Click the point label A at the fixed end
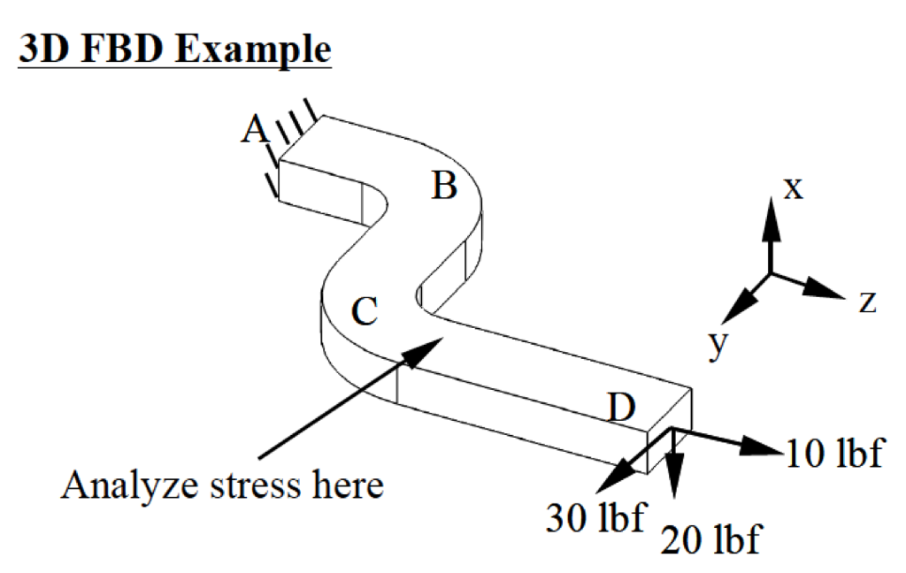coord(255,130)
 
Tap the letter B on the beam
coord(444,187)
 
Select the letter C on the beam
coord(365,310)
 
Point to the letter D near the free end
coord(622,408)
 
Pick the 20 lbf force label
coord(711,538)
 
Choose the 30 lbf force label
coord(595,516)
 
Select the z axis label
coord(867,302)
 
